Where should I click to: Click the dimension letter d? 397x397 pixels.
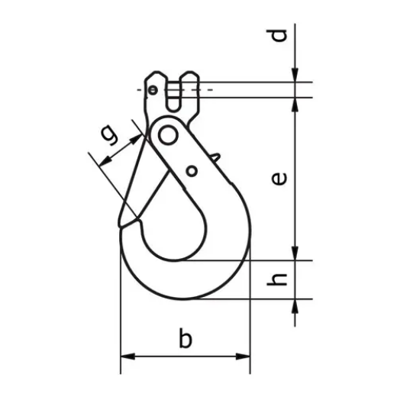pos(279,35)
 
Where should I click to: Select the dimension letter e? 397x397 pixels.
pos(279,178)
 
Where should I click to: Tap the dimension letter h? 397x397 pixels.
pos(279,279)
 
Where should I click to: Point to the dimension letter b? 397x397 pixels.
pos(184,338)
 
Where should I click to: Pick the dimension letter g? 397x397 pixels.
pos(110,135)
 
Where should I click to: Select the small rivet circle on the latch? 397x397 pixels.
pos(191,169)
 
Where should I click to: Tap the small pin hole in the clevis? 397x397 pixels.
pos(153,90)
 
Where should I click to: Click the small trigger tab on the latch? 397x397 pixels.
pos(216,159)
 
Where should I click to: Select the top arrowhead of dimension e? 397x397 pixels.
pos(295,103)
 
